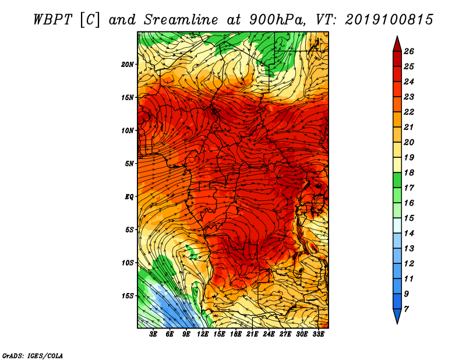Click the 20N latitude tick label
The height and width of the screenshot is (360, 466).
tap(128, 65)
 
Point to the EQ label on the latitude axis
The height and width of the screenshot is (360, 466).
tap(129, 197)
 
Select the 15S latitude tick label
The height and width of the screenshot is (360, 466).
tap(128, 296)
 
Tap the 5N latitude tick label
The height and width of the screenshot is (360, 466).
tap(129, 164)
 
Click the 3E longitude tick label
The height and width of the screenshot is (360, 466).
tap(153, 334)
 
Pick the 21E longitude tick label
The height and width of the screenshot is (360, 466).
tap(252, 334)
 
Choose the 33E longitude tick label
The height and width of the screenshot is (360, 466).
tap(318, 334)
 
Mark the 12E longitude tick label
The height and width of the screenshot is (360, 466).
tap(203, 334)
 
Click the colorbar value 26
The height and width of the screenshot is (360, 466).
tap(409, 51)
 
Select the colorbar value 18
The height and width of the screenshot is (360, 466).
tap(409, 172)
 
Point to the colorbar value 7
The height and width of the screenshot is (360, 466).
tap(407, 309)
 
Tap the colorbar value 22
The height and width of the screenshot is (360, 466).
tap(409, 112)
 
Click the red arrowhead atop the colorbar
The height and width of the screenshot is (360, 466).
tap(397, 44)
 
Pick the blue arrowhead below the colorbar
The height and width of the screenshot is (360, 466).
tap(397, 316)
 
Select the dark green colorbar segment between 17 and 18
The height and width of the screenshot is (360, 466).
tap(397, 180)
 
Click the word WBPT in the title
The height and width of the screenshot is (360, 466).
tap(52, 20)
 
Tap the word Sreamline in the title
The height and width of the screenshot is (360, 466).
tap(181, 20)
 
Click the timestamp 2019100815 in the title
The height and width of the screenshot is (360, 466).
tap(389, 20)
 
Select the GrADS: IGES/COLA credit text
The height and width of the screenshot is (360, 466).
tap(33, 356)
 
